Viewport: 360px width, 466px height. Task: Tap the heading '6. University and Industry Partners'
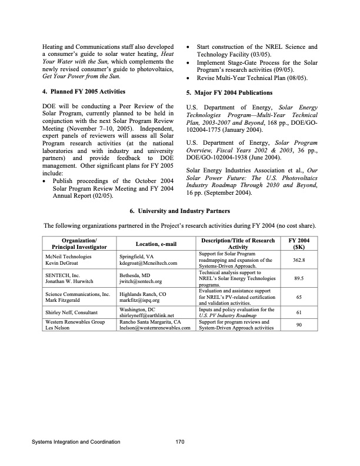coord(179,211)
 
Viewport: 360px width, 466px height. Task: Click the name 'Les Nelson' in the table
coord(57,328)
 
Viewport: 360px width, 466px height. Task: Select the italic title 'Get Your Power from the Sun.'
coord(82,76)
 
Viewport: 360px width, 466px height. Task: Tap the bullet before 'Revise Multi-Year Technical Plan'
coord(187,78)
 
